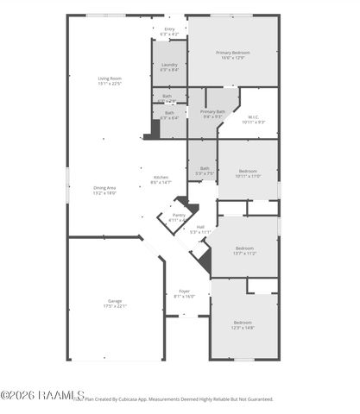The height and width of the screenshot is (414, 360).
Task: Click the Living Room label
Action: pyautogui.click(x=110, y=78)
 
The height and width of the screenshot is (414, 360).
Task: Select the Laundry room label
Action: pyautogui.click(x=169, y=65)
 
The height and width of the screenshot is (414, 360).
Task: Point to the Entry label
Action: pyautogui.click(x=169, y=28)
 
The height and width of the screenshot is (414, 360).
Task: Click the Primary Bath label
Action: pyautogui.click(x=213, y=111)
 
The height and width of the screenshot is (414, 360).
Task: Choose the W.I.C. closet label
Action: pyautogui.click(x=254, y=117)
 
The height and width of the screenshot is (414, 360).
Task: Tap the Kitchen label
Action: pyautogui.click(x=161, y=177)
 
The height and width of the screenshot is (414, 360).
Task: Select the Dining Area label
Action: pyautogui.click(x=104, y=188)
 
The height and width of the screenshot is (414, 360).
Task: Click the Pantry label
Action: pyautogui.click(x=179, y=215)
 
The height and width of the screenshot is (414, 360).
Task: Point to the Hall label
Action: pyautogui.click(x=200, y=227)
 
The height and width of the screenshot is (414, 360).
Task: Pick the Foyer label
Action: pyautogui.click(x=185, y=292)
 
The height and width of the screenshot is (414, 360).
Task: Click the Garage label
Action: pyautogui.click(x=115, y=301)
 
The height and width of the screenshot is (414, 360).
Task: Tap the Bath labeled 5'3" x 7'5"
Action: pyautogui.click(x=205, y=168)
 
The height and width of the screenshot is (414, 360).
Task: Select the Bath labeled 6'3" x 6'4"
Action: pyautogui.click(x=169, y=113)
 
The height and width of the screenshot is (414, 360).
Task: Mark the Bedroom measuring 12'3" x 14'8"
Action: pyautogui.click(x=243, y=322)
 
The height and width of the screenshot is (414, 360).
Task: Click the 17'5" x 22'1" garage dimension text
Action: pyautogui.click(x=115, y=306)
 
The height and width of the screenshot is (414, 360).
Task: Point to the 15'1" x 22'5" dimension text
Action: pyautogui.click(x=110, y=84)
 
